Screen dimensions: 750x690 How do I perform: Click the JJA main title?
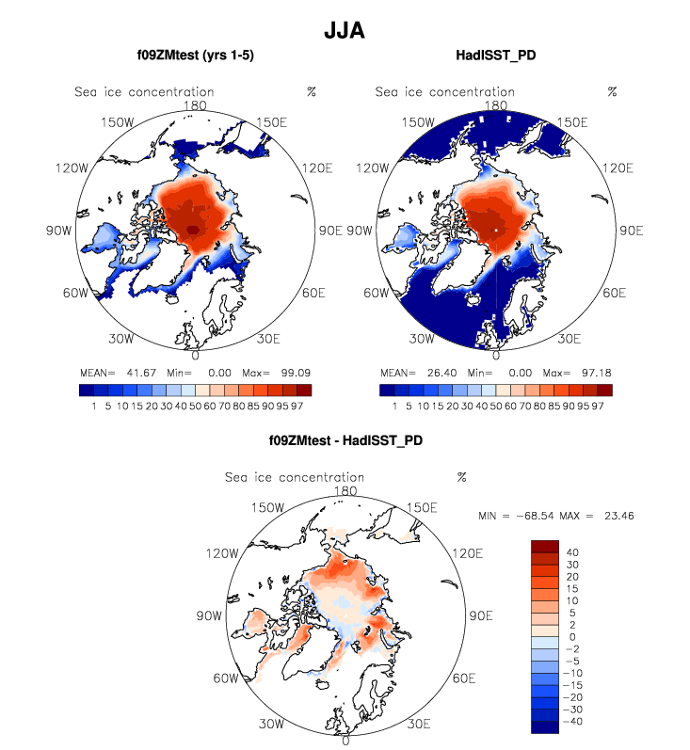(x=345, y=30)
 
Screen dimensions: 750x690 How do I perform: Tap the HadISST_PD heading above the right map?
(x=495, y=56)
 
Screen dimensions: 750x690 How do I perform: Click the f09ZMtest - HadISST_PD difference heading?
(x=345, y=439)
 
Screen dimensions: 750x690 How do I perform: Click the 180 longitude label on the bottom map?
(x=345, y=490)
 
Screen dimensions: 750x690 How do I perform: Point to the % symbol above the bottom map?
(x=462, y=477)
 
